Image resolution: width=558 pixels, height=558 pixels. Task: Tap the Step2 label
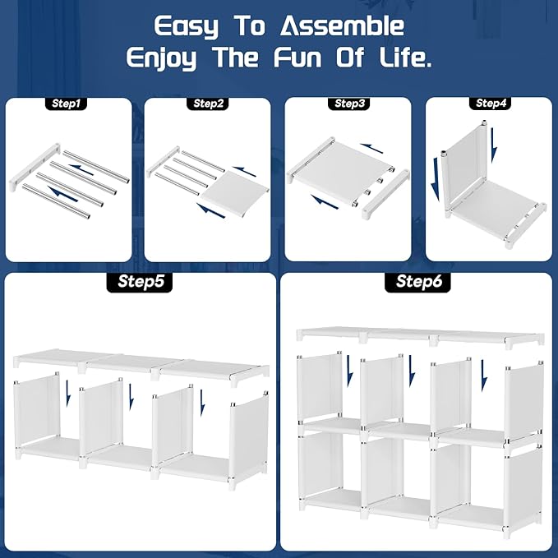tap(209, 104)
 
